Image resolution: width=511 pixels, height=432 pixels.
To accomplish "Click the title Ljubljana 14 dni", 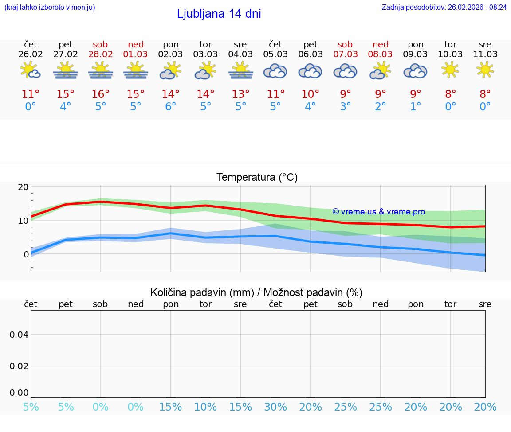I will tap(219, 14).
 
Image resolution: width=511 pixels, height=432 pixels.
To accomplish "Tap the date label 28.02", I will tap(100, 54).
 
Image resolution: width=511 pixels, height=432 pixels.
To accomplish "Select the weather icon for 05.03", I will tap(275, 71).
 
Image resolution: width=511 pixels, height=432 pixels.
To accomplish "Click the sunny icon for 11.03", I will tap(485, 70).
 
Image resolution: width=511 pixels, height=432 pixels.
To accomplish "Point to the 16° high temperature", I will tap(100, 94).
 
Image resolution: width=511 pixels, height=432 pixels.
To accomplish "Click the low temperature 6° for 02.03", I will tap(170, 107).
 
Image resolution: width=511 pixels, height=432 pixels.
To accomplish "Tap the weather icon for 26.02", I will tap(31, 70).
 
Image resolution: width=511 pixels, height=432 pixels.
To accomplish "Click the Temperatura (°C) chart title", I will tap(257, 178).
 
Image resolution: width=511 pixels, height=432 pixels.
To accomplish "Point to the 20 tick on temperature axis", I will tap(23, 187).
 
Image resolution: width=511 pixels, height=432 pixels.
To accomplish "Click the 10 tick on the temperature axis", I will tap(23, 221).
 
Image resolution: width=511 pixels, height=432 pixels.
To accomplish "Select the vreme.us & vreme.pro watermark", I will tap(378, 212).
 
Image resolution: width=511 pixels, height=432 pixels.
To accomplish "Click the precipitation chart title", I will tap(256, 292).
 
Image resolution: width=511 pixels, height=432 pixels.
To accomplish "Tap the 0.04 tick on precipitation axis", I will tap(19, 334).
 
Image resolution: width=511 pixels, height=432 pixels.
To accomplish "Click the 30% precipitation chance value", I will tap(275, 407).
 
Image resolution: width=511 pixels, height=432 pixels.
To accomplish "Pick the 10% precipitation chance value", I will tap(205, 407).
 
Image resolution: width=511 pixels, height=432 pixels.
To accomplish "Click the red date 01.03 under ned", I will tap(135, 54).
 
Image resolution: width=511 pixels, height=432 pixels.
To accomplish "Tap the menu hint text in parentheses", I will tap(49, 8).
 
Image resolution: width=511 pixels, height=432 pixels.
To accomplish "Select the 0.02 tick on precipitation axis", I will tap(19, 366).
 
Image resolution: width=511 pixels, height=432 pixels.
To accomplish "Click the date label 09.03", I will tap(415, 54).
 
